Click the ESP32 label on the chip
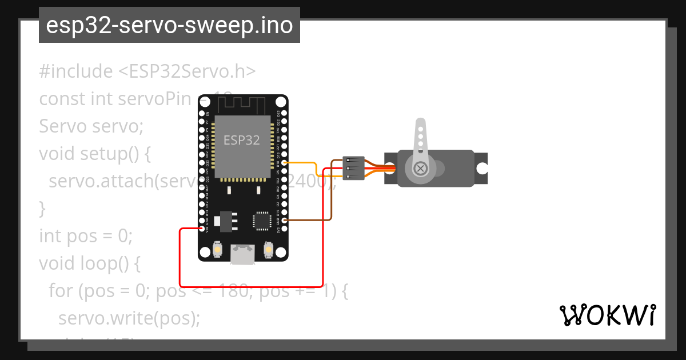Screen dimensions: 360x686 coord(241,141)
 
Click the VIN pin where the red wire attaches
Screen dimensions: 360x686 coord(202,229)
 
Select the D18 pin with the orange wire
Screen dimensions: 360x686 coord(284,162)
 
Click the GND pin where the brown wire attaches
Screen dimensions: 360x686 coord(284,220)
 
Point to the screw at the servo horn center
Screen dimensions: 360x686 coord(421,168)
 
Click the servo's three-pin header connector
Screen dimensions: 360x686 coord(353,169)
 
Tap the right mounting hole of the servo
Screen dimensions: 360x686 coord(482,169)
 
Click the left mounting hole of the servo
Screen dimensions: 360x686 coord(390,169)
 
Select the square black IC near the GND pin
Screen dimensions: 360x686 coord(262,220)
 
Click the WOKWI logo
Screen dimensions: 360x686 coord(607,315)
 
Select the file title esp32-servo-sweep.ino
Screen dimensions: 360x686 coord(169,25)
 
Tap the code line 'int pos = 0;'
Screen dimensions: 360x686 coord(86,235)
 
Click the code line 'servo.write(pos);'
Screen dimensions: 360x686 coord(129,318)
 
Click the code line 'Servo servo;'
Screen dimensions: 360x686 coord(91,126)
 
